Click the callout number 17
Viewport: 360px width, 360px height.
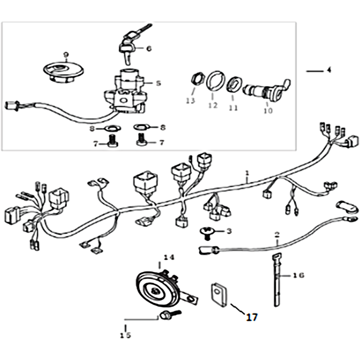click(x=252, y=317)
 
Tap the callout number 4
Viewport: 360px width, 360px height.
click(x=329, y=70)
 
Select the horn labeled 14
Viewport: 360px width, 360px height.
click(x=166, y=288)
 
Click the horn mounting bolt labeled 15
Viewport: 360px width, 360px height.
click(x=171, y=315)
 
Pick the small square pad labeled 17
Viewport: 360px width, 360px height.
click(x=219, y=295)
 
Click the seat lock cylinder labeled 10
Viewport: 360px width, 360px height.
click(x=266, y=90)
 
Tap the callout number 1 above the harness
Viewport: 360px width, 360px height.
click(x=247, y=173)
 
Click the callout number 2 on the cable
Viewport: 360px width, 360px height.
click(x=277, y=234)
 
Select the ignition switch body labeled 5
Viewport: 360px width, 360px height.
click(x=125, y=92)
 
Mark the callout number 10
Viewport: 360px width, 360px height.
click(x=268, y=111)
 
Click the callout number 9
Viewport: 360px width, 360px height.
click(x=66, y=54)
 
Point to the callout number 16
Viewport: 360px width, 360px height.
click(x=299, y=275)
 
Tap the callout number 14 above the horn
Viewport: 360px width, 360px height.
click(x=169, y=257)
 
